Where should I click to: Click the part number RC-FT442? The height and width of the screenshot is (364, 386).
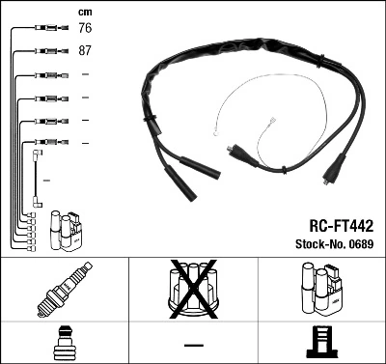334,224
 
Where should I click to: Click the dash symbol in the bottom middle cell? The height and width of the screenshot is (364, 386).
193,344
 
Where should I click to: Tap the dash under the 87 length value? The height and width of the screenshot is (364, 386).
85,74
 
